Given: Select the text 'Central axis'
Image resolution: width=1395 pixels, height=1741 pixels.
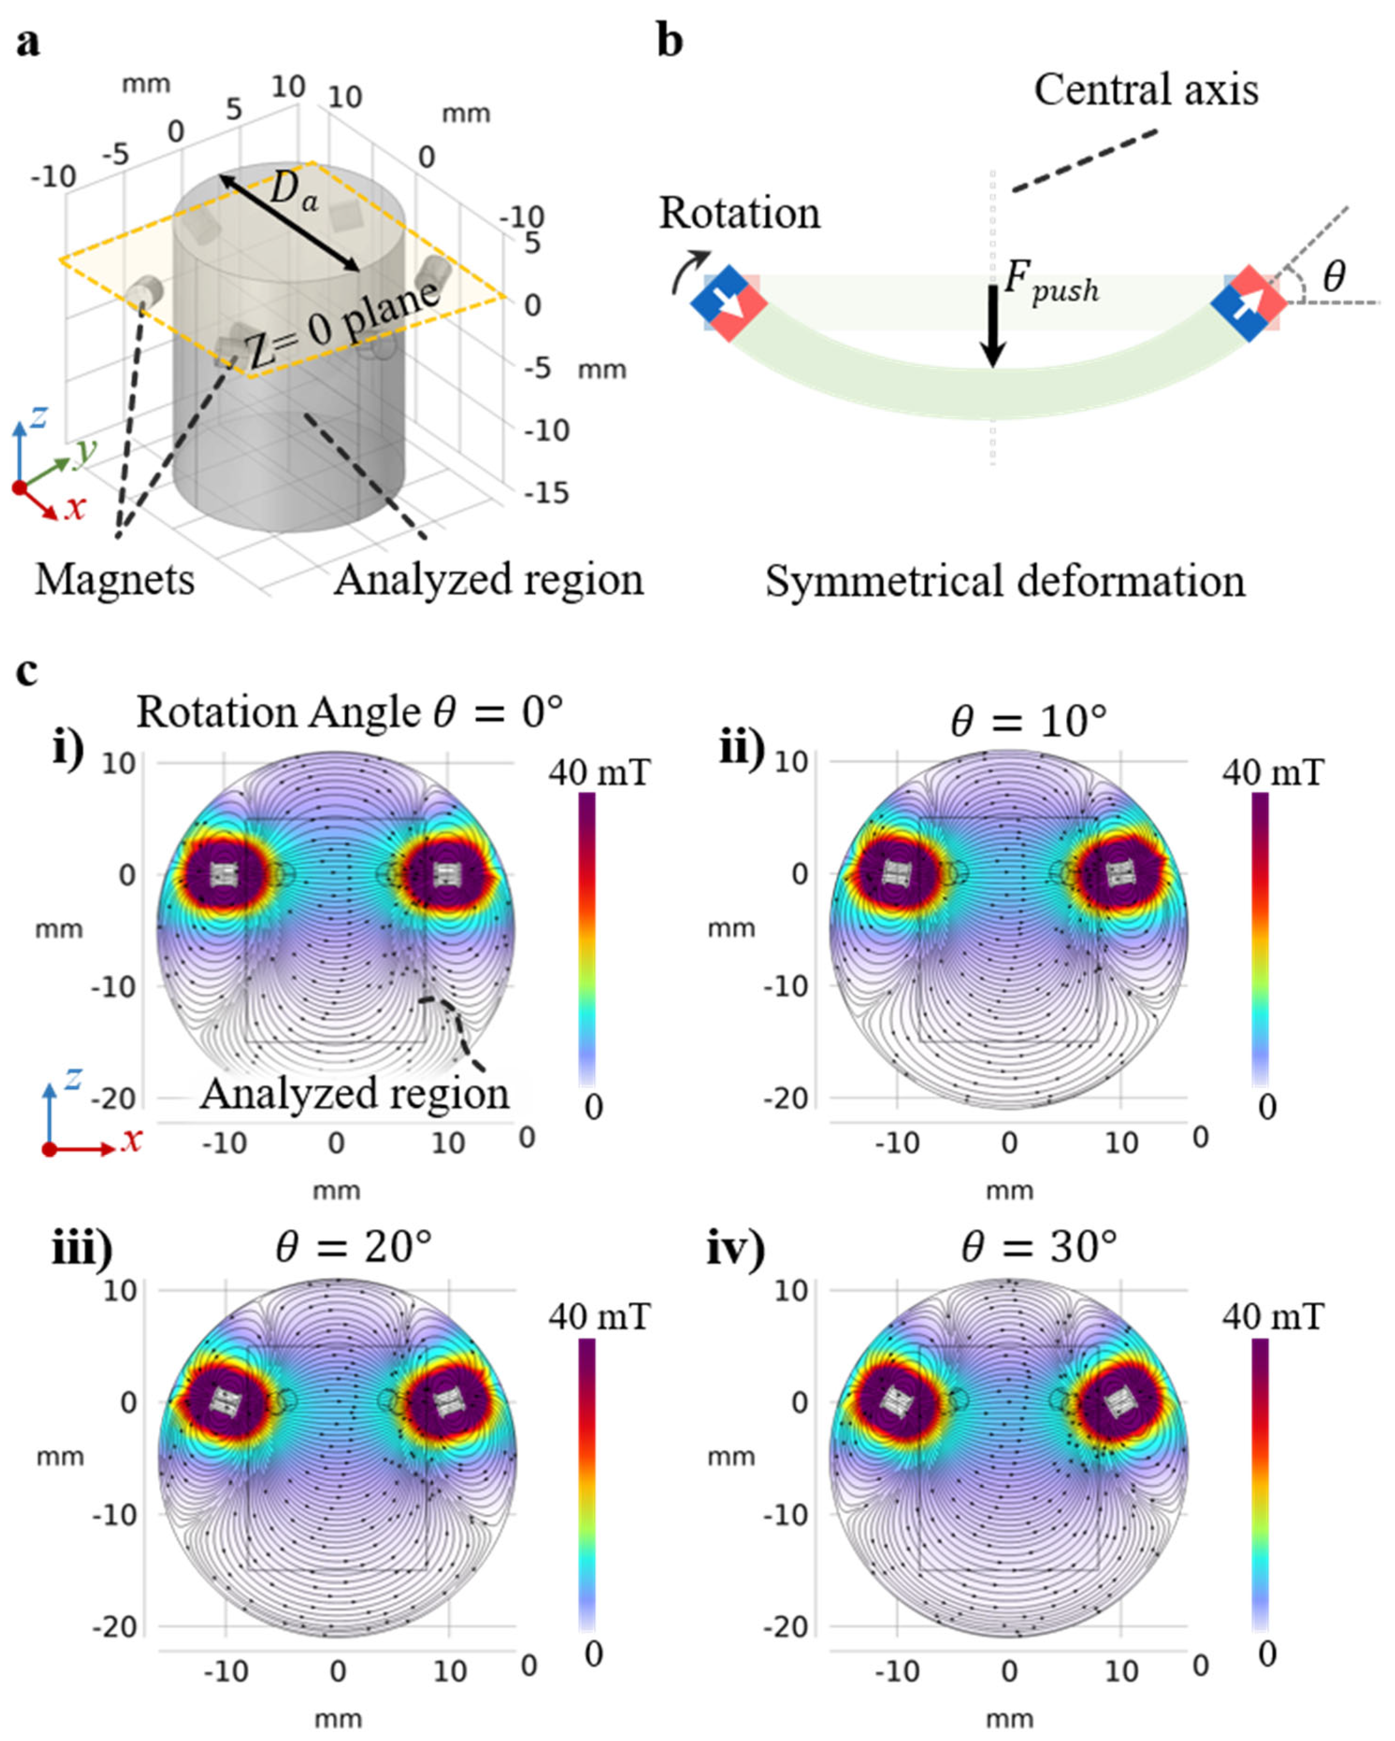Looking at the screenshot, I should pos(1146,90).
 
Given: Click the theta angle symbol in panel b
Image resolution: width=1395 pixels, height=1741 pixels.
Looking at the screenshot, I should pos(1334,276).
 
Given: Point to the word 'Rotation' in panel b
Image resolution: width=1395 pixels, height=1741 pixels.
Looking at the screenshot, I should pos(739,214).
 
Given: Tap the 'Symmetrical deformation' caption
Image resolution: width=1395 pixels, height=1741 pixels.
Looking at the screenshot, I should pos(1005,581).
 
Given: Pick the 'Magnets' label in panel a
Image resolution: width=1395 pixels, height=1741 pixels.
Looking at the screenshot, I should pos(115,580).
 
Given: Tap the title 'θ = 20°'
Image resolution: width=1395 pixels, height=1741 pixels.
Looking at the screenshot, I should pos(354,1247).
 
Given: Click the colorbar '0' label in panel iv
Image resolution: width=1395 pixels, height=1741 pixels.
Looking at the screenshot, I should pos(1266,1655).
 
